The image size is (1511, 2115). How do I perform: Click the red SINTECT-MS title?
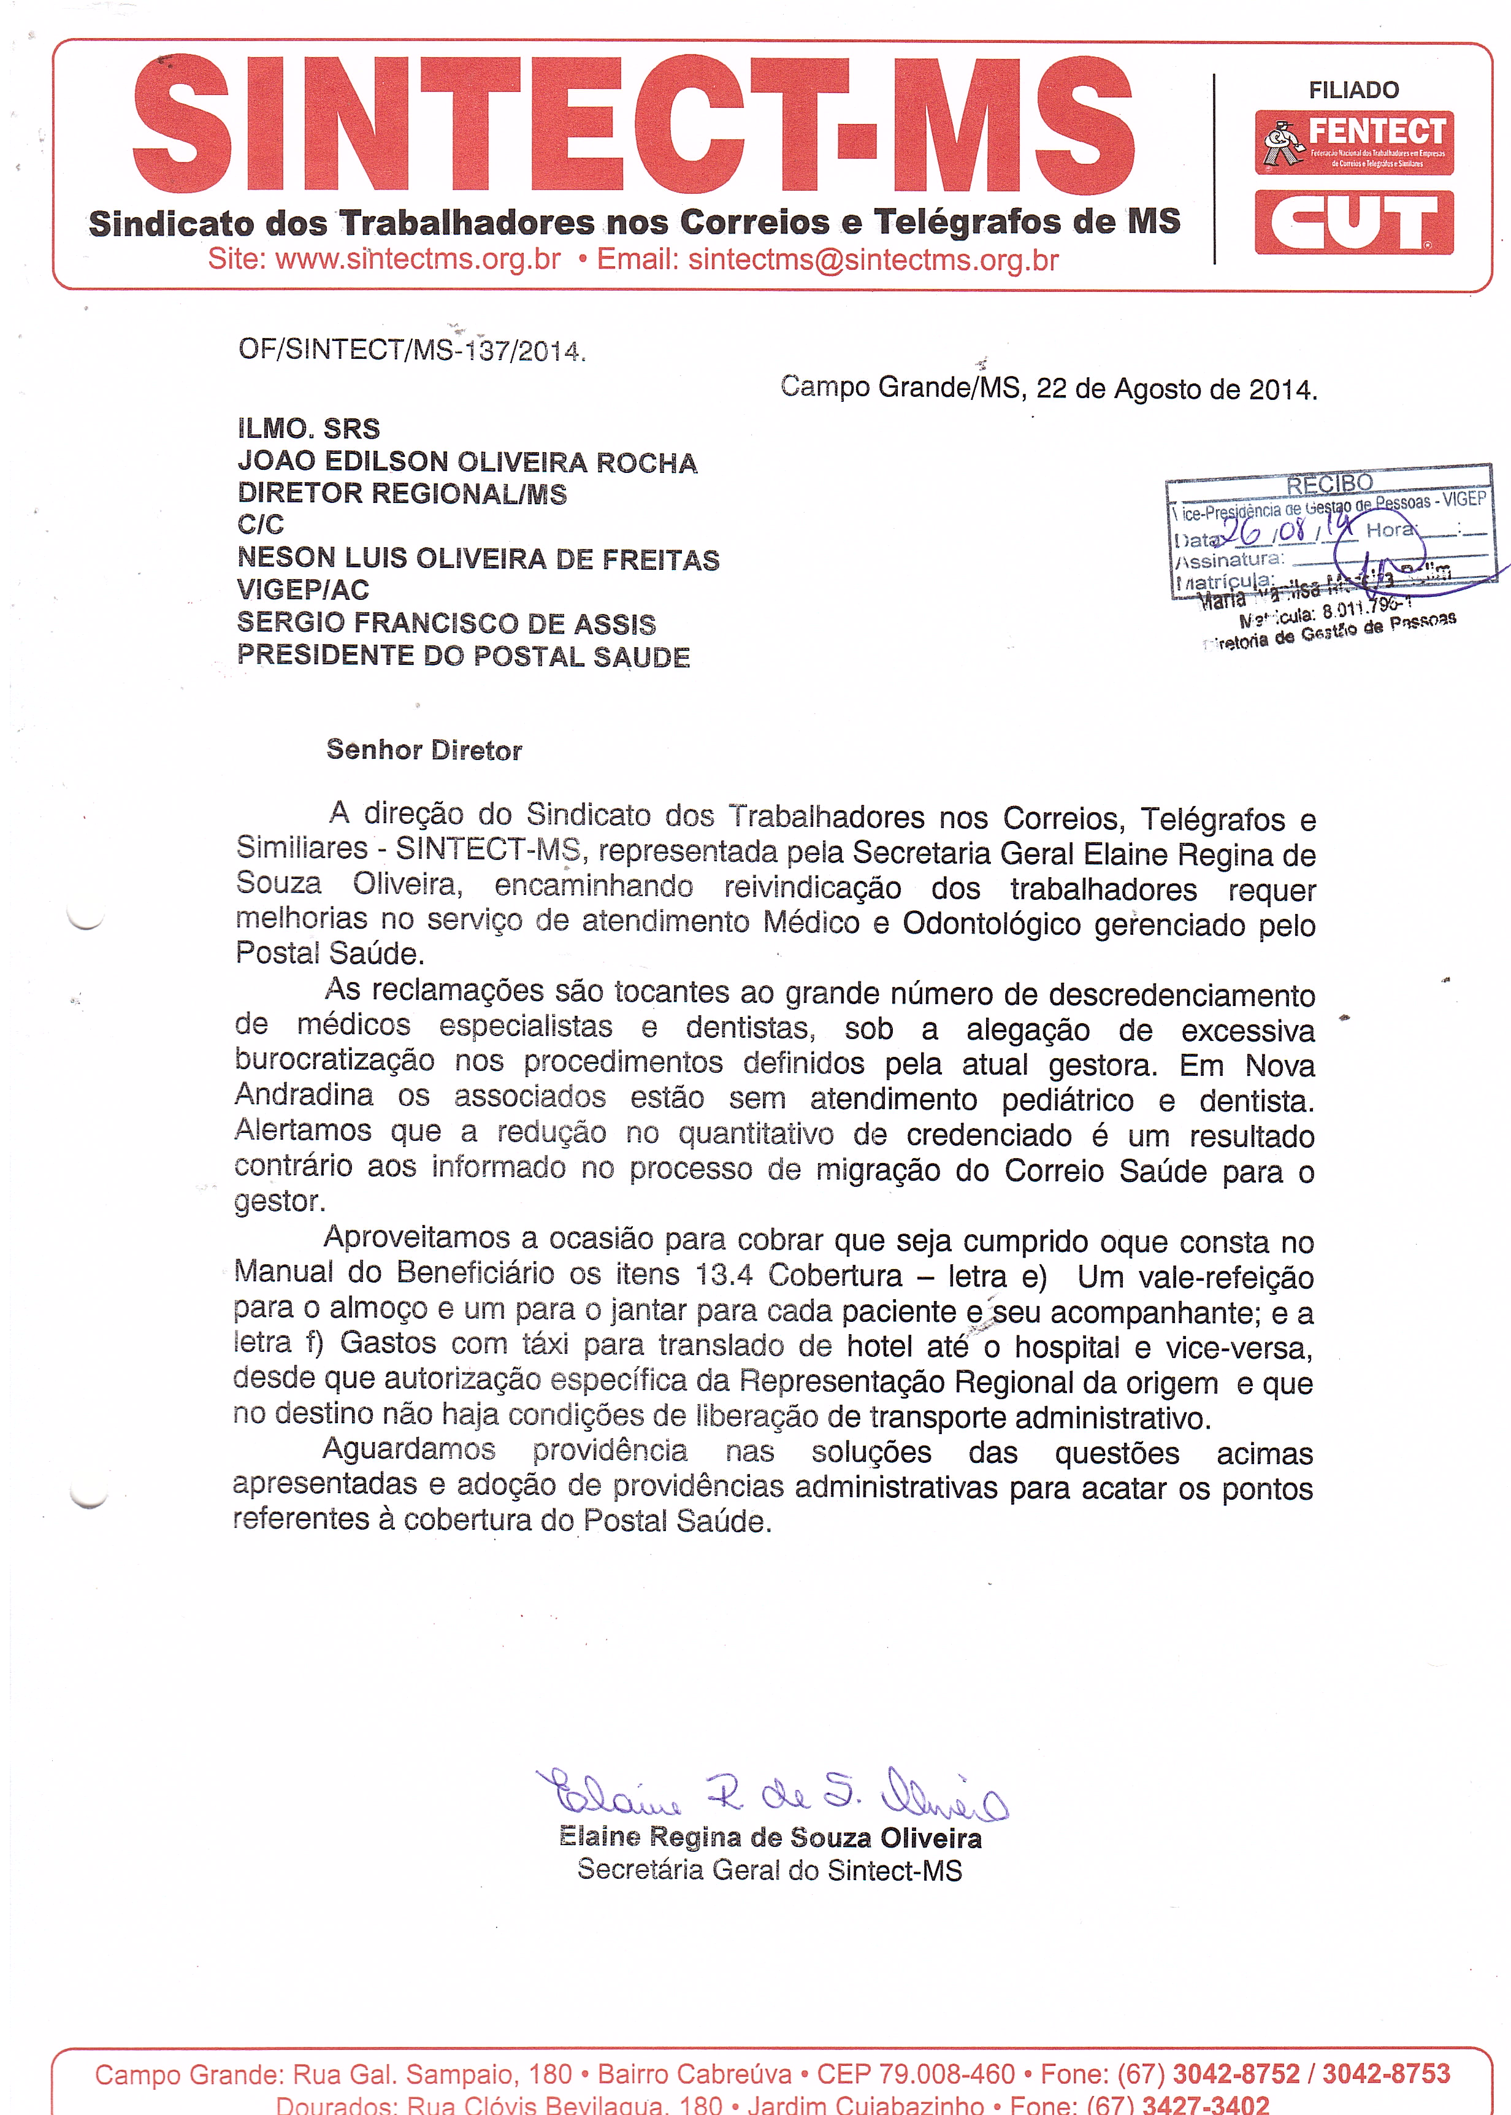pyautogui.click(x=633, y=126)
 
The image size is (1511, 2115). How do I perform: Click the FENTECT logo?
pyautogui.click(x=1354, y=142)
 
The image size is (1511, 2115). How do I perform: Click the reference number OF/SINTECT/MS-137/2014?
pyautogui.click(x=411, y=350)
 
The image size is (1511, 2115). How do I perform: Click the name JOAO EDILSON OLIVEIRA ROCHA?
pyautogui.click(x=467, y=463)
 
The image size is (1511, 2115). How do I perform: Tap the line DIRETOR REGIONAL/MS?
pyautogui.click(x=402, y=494)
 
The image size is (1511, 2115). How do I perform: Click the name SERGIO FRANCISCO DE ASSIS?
pyautogui.click(x=446, y=623)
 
